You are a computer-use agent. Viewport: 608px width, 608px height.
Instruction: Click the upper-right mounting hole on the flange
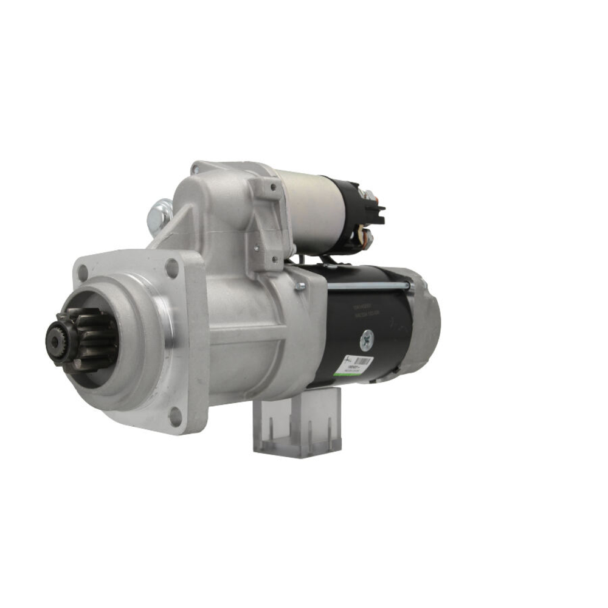(x=172, y=268)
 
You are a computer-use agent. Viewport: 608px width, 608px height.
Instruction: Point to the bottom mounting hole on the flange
(x=175, y=417)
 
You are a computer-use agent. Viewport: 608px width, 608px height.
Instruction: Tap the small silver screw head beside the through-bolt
(x=300, y=286)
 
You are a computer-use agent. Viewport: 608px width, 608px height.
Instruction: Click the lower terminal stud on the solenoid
(x=367, y=237)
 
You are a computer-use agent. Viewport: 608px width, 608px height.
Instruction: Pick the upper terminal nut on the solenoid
(x=369, y=196)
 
